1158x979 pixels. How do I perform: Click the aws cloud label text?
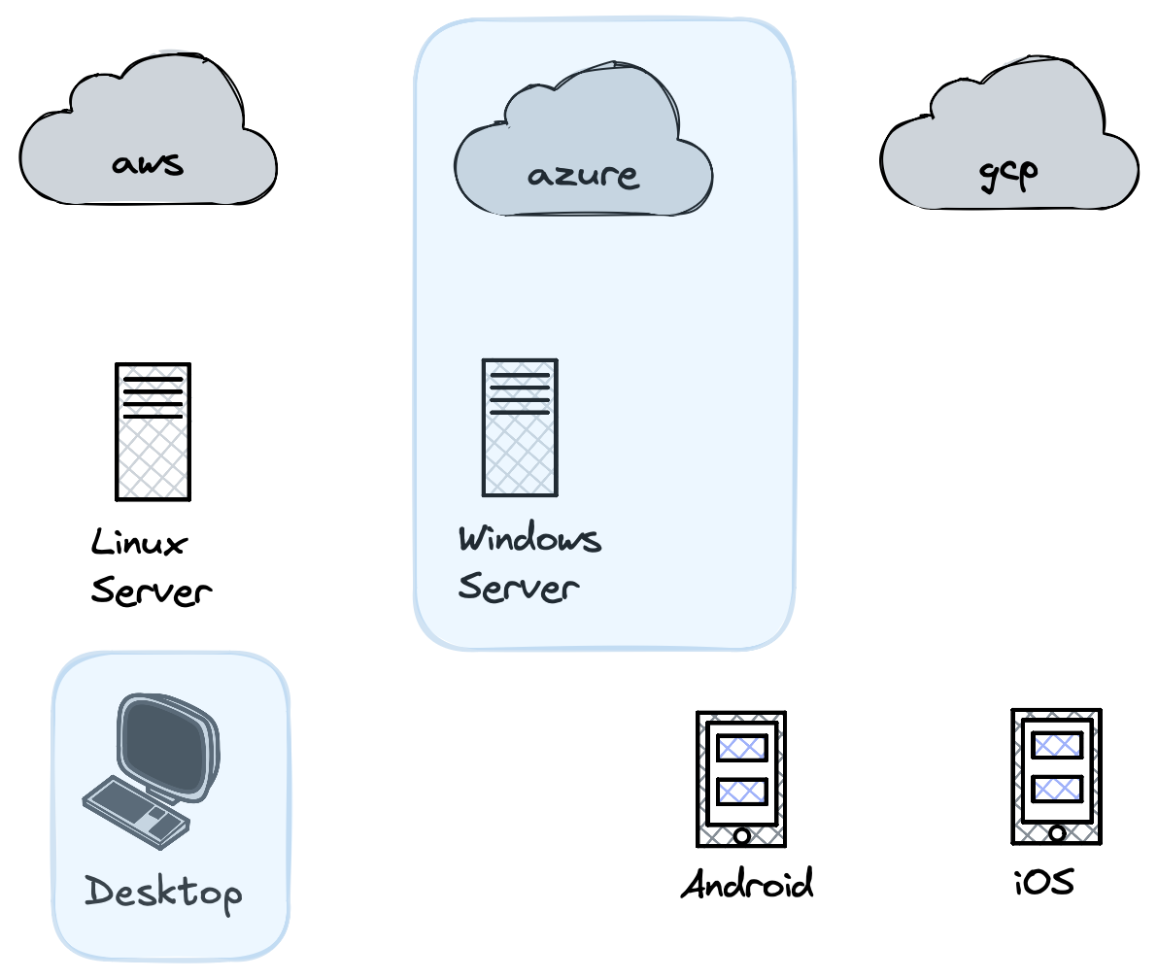(x=147, y=162)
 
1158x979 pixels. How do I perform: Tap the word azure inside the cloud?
(x=583, y=176)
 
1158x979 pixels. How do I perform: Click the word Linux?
(x=138, y=542)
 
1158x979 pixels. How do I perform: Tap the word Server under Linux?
(x=151, y=591)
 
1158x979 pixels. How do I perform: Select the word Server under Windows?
(x=518, y=587)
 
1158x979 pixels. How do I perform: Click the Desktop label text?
(x=162, y=892)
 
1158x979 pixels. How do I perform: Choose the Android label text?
(x=746, y=885)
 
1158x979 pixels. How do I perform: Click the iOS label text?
(x=1044, y=883)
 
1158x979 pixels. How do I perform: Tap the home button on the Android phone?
(x=742, y=835)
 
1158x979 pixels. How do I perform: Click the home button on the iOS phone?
(x=1057, y=833)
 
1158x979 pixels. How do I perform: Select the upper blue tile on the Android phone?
(x=742, y=748)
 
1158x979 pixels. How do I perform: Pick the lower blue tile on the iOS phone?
(x=1057, y=789)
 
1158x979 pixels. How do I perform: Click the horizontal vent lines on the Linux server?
(x=153, y=397)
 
